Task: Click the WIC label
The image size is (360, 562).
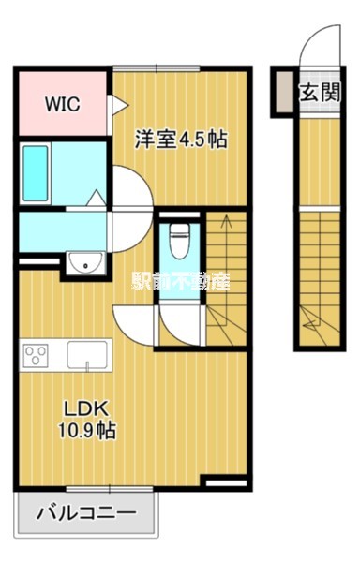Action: click(63, 104)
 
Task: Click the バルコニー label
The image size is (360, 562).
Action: click(87, 513)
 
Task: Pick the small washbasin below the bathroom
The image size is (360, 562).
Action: click(85, 264)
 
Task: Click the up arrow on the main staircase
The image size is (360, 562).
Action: click(224, 224)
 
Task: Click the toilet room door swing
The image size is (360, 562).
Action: click(175, 324)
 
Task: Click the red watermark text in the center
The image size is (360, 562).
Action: click(180, 280)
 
